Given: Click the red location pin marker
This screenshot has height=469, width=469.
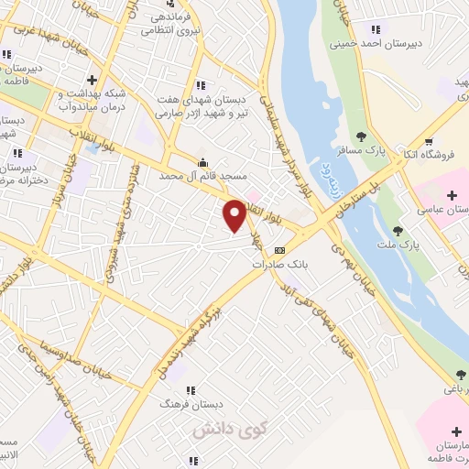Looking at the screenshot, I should pos(234,216).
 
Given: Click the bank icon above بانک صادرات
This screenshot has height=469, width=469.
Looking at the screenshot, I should pos(279,249).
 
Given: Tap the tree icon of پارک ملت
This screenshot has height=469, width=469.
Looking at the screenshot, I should pos(397,231).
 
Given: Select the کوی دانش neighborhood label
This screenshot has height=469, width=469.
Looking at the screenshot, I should pos(218,427).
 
